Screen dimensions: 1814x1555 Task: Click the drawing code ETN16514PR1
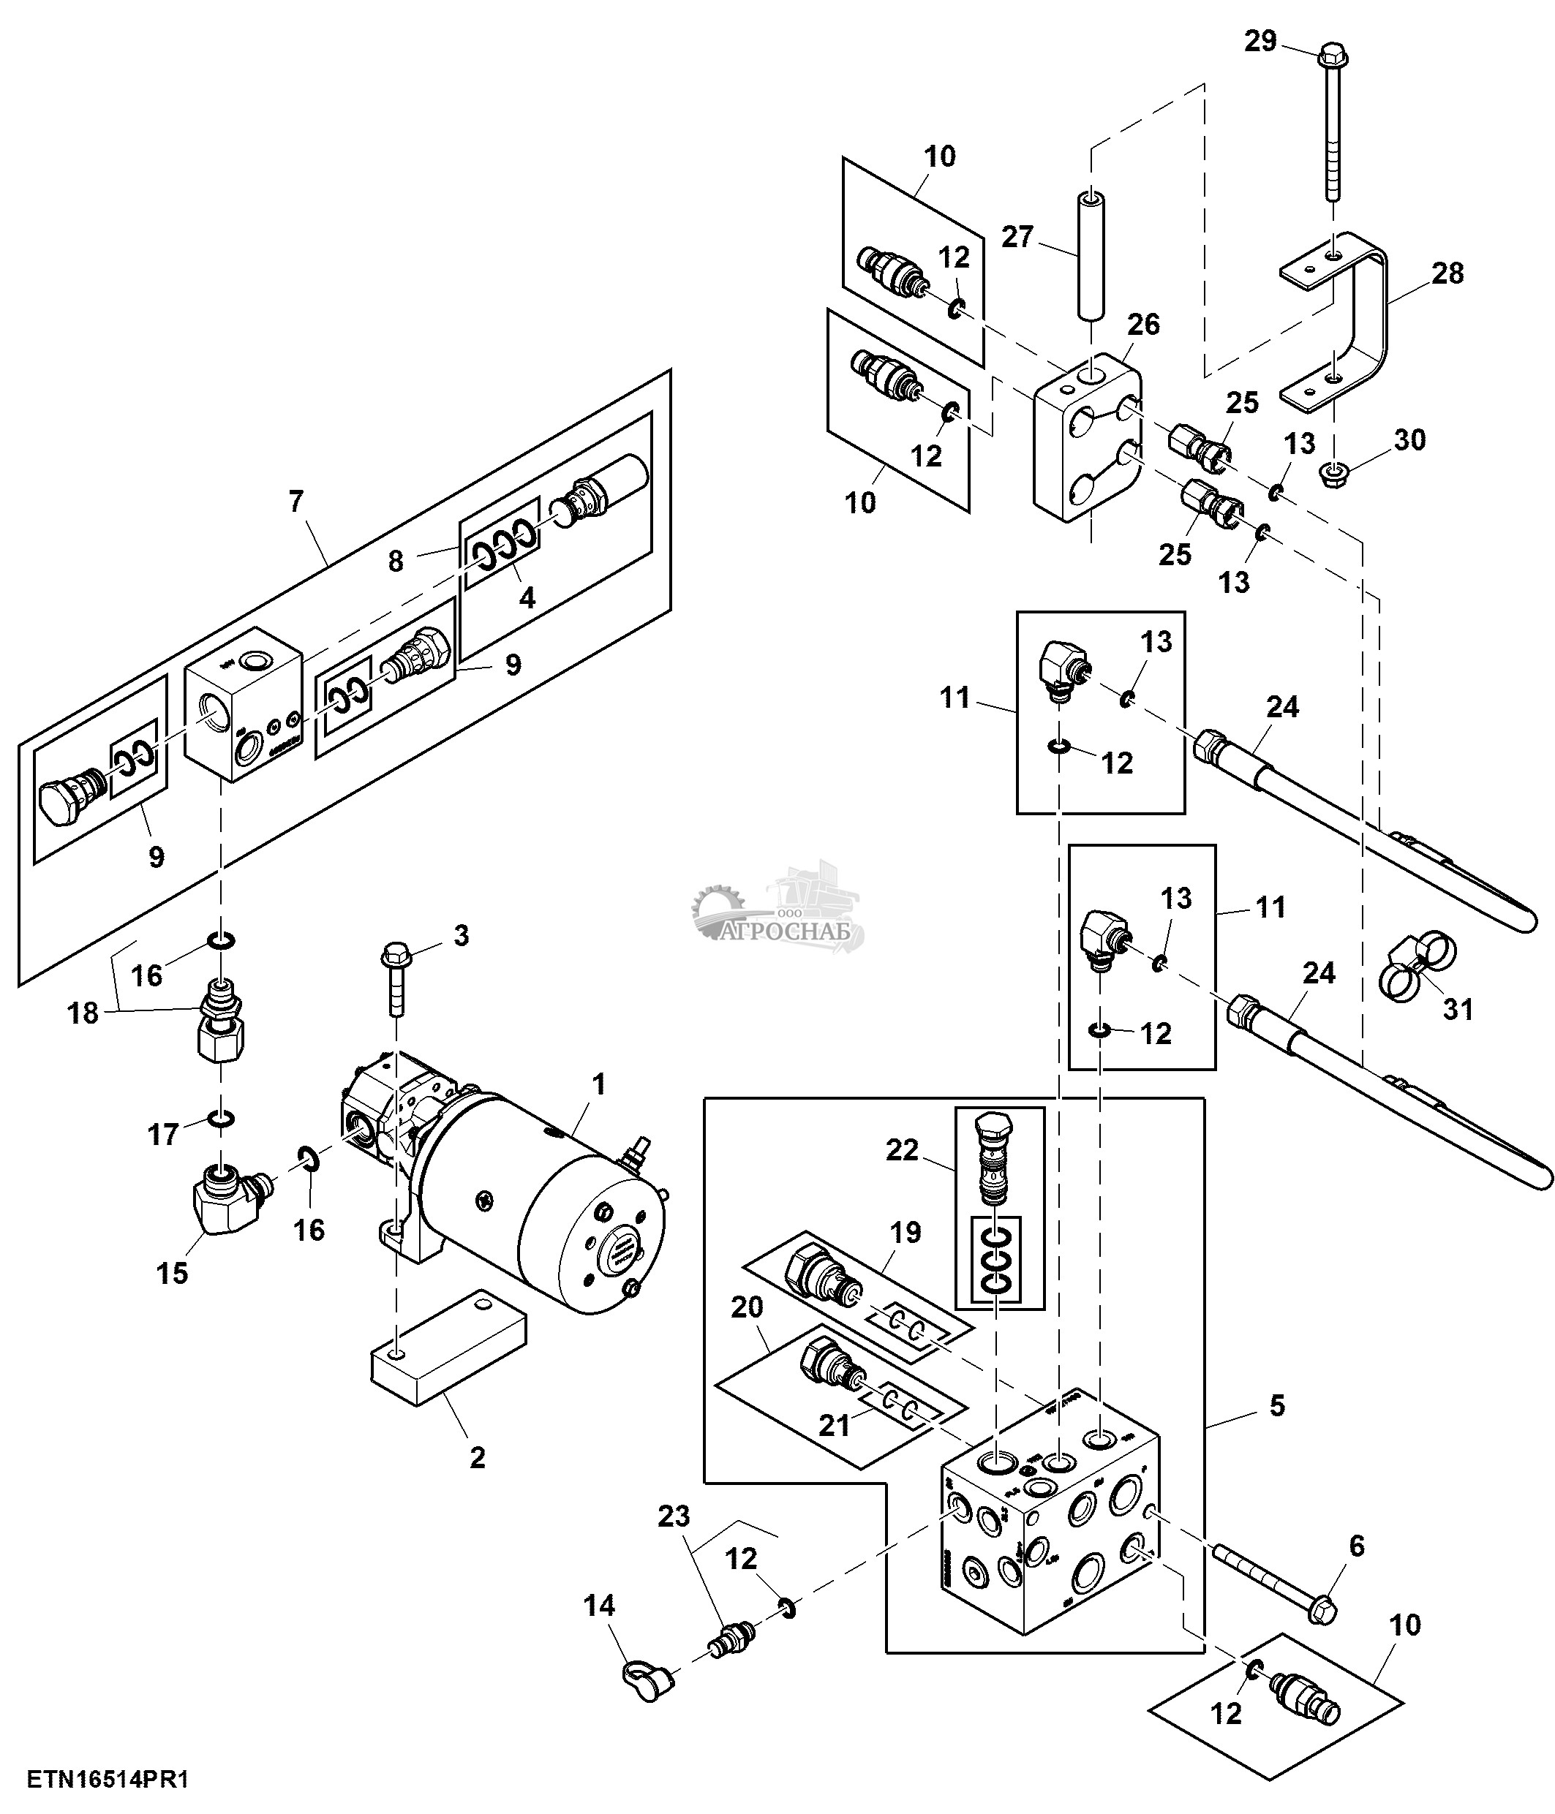108,1779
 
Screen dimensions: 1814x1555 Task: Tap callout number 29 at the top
1261,41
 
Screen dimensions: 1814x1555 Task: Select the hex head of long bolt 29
1331,54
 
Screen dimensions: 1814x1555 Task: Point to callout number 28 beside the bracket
1447,273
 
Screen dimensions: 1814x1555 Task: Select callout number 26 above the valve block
1143,325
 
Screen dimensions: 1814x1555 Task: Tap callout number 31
1458,1010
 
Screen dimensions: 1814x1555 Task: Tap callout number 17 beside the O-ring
163,1135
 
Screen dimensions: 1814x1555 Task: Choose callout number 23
674,1516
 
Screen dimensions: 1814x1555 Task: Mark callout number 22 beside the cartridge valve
902,1149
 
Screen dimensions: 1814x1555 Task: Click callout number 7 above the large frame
296,501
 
